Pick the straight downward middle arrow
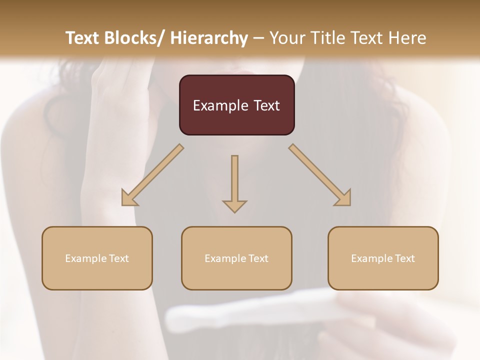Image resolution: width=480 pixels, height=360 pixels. pos(234,183)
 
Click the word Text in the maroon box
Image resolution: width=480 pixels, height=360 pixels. pos(266,105)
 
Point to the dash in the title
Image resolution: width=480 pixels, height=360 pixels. pos(258,38)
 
